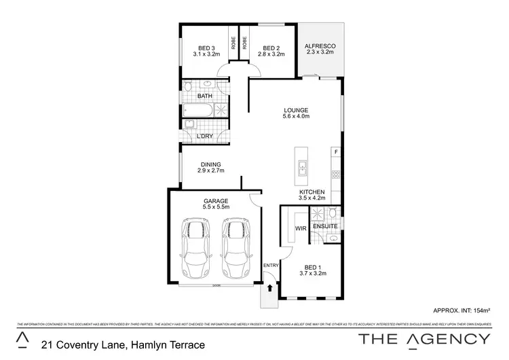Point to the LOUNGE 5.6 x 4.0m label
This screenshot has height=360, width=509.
coord(296,113)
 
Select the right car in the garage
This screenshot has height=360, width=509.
coord(235,248)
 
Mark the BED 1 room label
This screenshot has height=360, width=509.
coord(314,270)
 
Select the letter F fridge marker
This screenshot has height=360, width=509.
coord(335,151)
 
